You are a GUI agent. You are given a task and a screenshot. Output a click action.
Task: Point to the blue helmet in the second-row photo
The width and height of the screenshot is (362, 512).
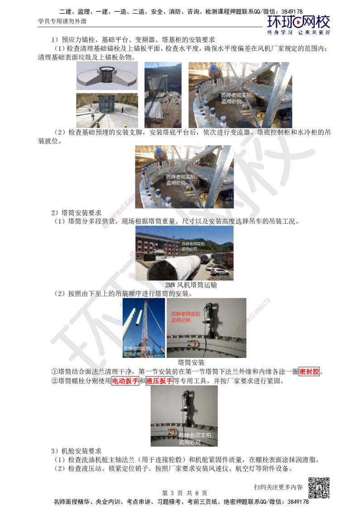pyautogui.click(x=158, y=150)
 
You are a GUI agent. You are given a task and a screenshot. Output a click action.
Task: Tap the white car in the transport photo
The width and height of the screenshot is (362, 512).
pyautogui.click(x=219, y=272)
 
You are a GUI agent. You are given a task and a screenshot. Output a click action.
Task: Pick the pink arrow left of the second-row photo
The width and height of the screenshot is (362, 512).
pyautogui.click(x=119, y=212)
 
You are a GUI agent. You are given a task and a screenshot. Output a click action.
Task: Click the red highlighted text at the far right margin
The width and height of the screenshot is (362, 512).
pyautogui.click(x=309, y=372)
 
